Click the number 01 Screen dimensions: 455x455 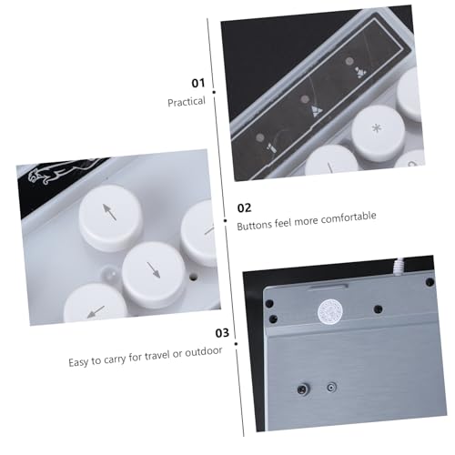[x=198, y=83]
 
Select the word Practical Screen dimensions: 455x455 [x=187, y=102]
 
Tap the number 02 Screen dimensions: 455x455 [x=244, y=208]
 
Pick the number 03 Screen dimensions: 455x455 [x=222, y=333]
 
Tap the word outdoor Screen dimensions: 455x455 [x=204, y=352]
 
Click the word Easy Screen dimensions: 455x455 [x=78, y=362]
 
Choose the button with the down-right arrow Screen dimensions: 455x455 [x=154, y=271]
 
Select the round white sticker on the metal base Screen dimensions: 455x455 [x=330, y=311]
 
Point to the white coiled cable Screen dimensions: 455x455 [x=400, y=266]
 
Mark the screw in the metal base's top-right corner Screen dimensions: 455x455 [x=430, y=282]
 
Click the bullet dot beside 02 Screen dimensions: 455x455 [x=225, y=220]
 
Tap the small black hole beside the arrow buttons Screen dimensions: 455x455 [x=193, y=277]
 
